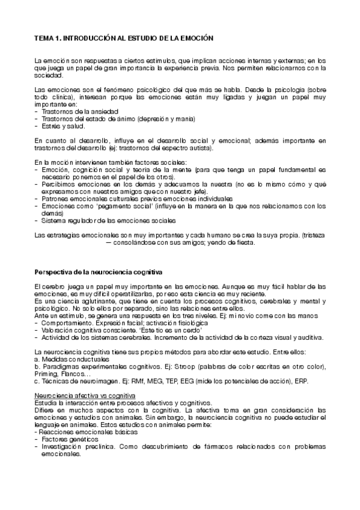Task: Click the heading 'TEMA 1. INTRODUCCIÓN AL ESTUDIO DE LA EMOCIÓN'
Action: (124, 37)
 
